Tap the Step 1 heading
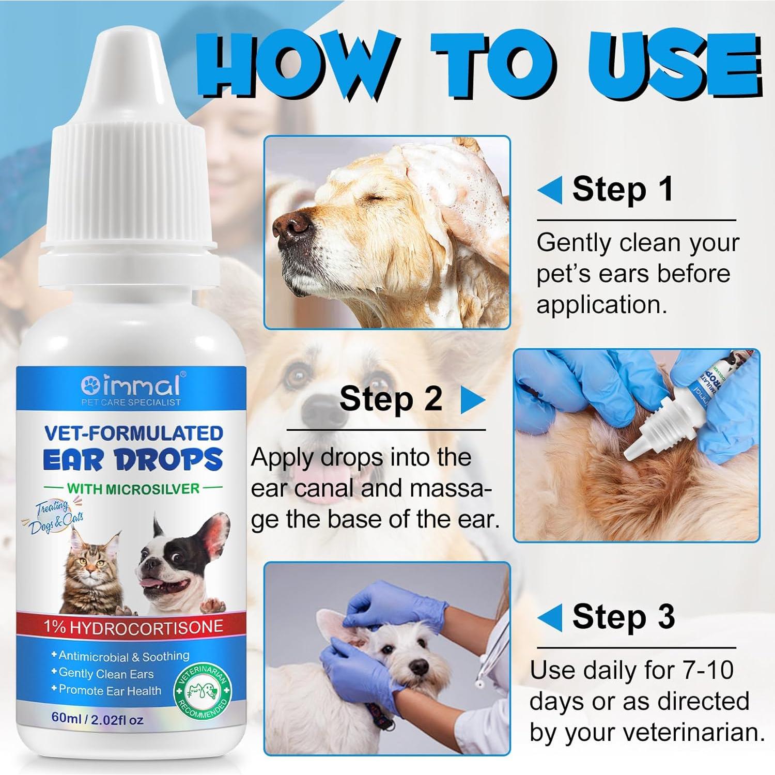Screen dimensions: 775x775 pyautogui.click(x=622, y=189)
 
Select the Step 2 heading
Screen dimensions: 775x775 pyautogui.click(x=391, y=399)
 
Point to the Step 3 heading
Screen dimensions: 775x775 pyautogui.click(x=623, y=616)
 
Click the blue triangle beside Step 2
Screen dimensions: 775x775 pyautogui.click(x=472, y=400)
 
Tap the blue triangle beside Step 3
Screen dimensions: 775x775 pyautogui.click(x=550, y=617)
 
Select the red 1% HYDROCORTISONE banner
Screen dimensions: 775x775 pyautogui.click(x=133, y=627)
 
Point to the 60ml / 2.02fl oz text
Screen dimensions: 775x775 pyautogui.click(x=97, y=719)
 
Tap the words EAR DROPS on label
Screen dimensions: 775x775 pyautogui.click(x=133, y=459)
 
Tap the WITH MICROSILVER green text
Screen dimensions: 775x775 pyautogui.click(x=133, y=488)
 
